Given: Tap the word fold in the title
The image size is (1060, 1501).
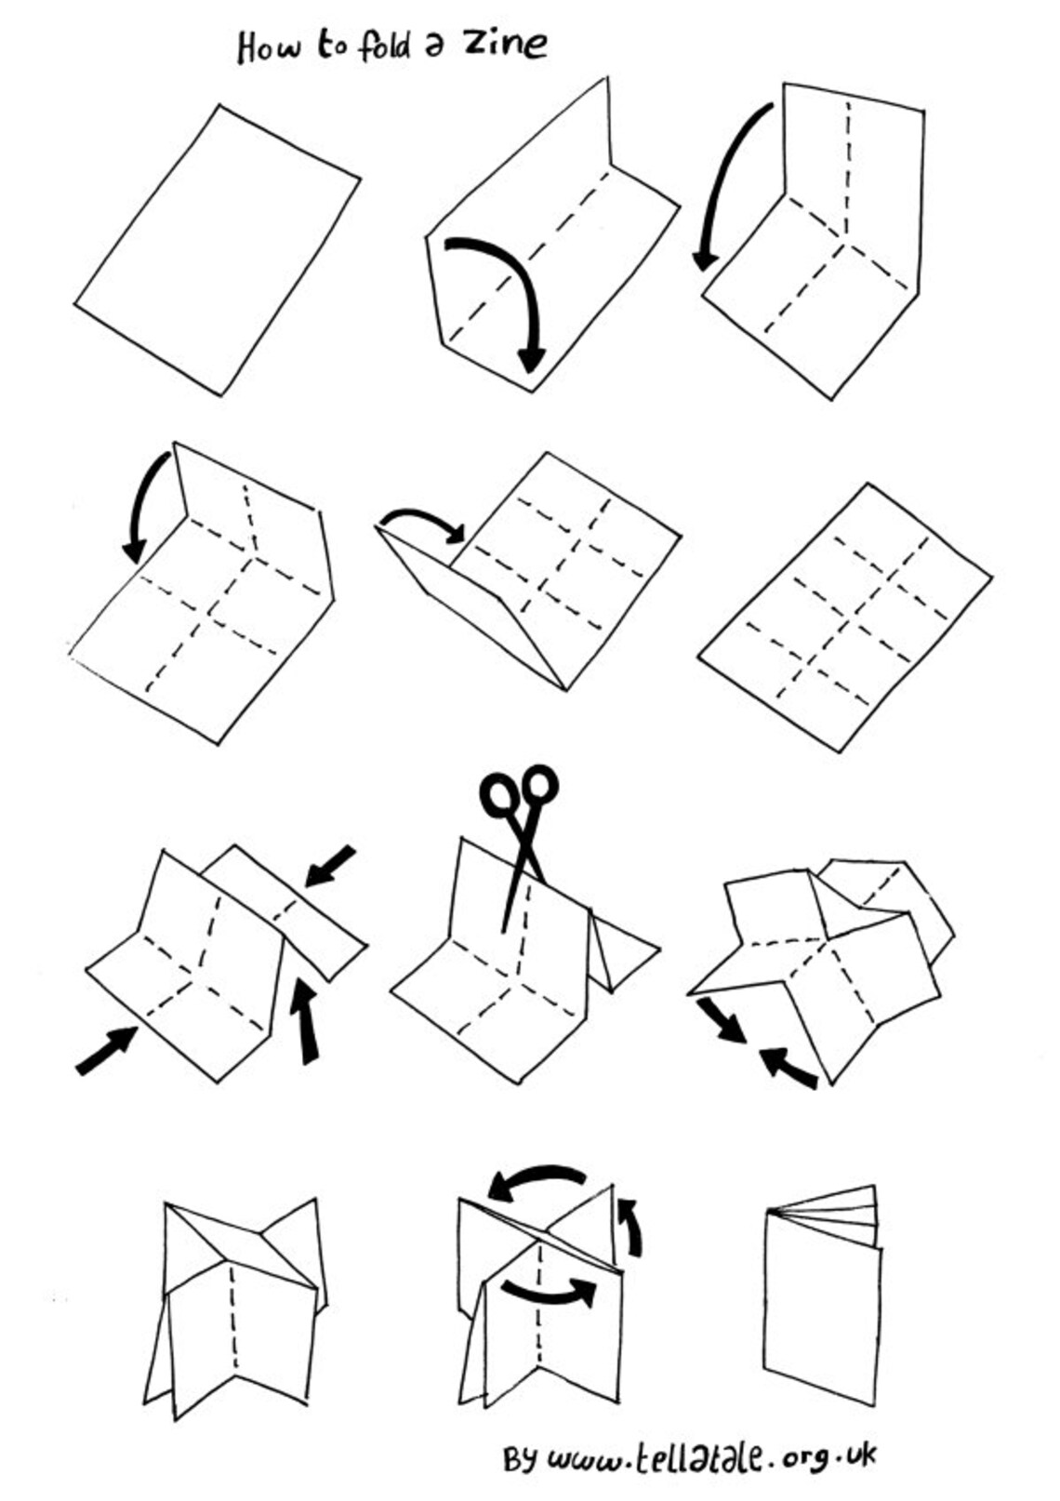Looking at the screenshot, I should pos(384,45).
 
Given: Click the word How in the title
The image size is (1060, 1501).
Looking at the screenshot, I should pos(268,46).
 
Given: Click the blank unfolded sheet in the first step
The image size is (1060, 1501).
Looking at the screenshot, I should pos(217,249).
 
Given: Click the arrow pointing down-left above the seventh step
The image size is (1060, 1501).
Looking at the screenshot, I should pos(330,866).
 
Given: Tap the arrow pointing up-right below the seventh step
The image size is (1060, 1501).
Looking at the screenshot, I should pos(106,1051).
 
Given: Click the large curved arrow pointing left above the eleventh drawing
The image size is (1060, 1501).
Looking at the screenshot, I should pos(537,1180).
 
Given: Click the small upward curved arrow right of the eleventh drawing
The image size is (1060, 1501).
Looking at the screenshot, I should pos(632,1226).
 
